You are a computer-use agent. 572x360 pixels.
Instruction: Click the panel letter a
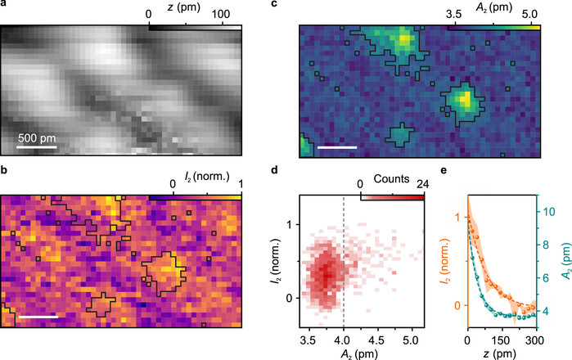[x=4, y=6]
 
